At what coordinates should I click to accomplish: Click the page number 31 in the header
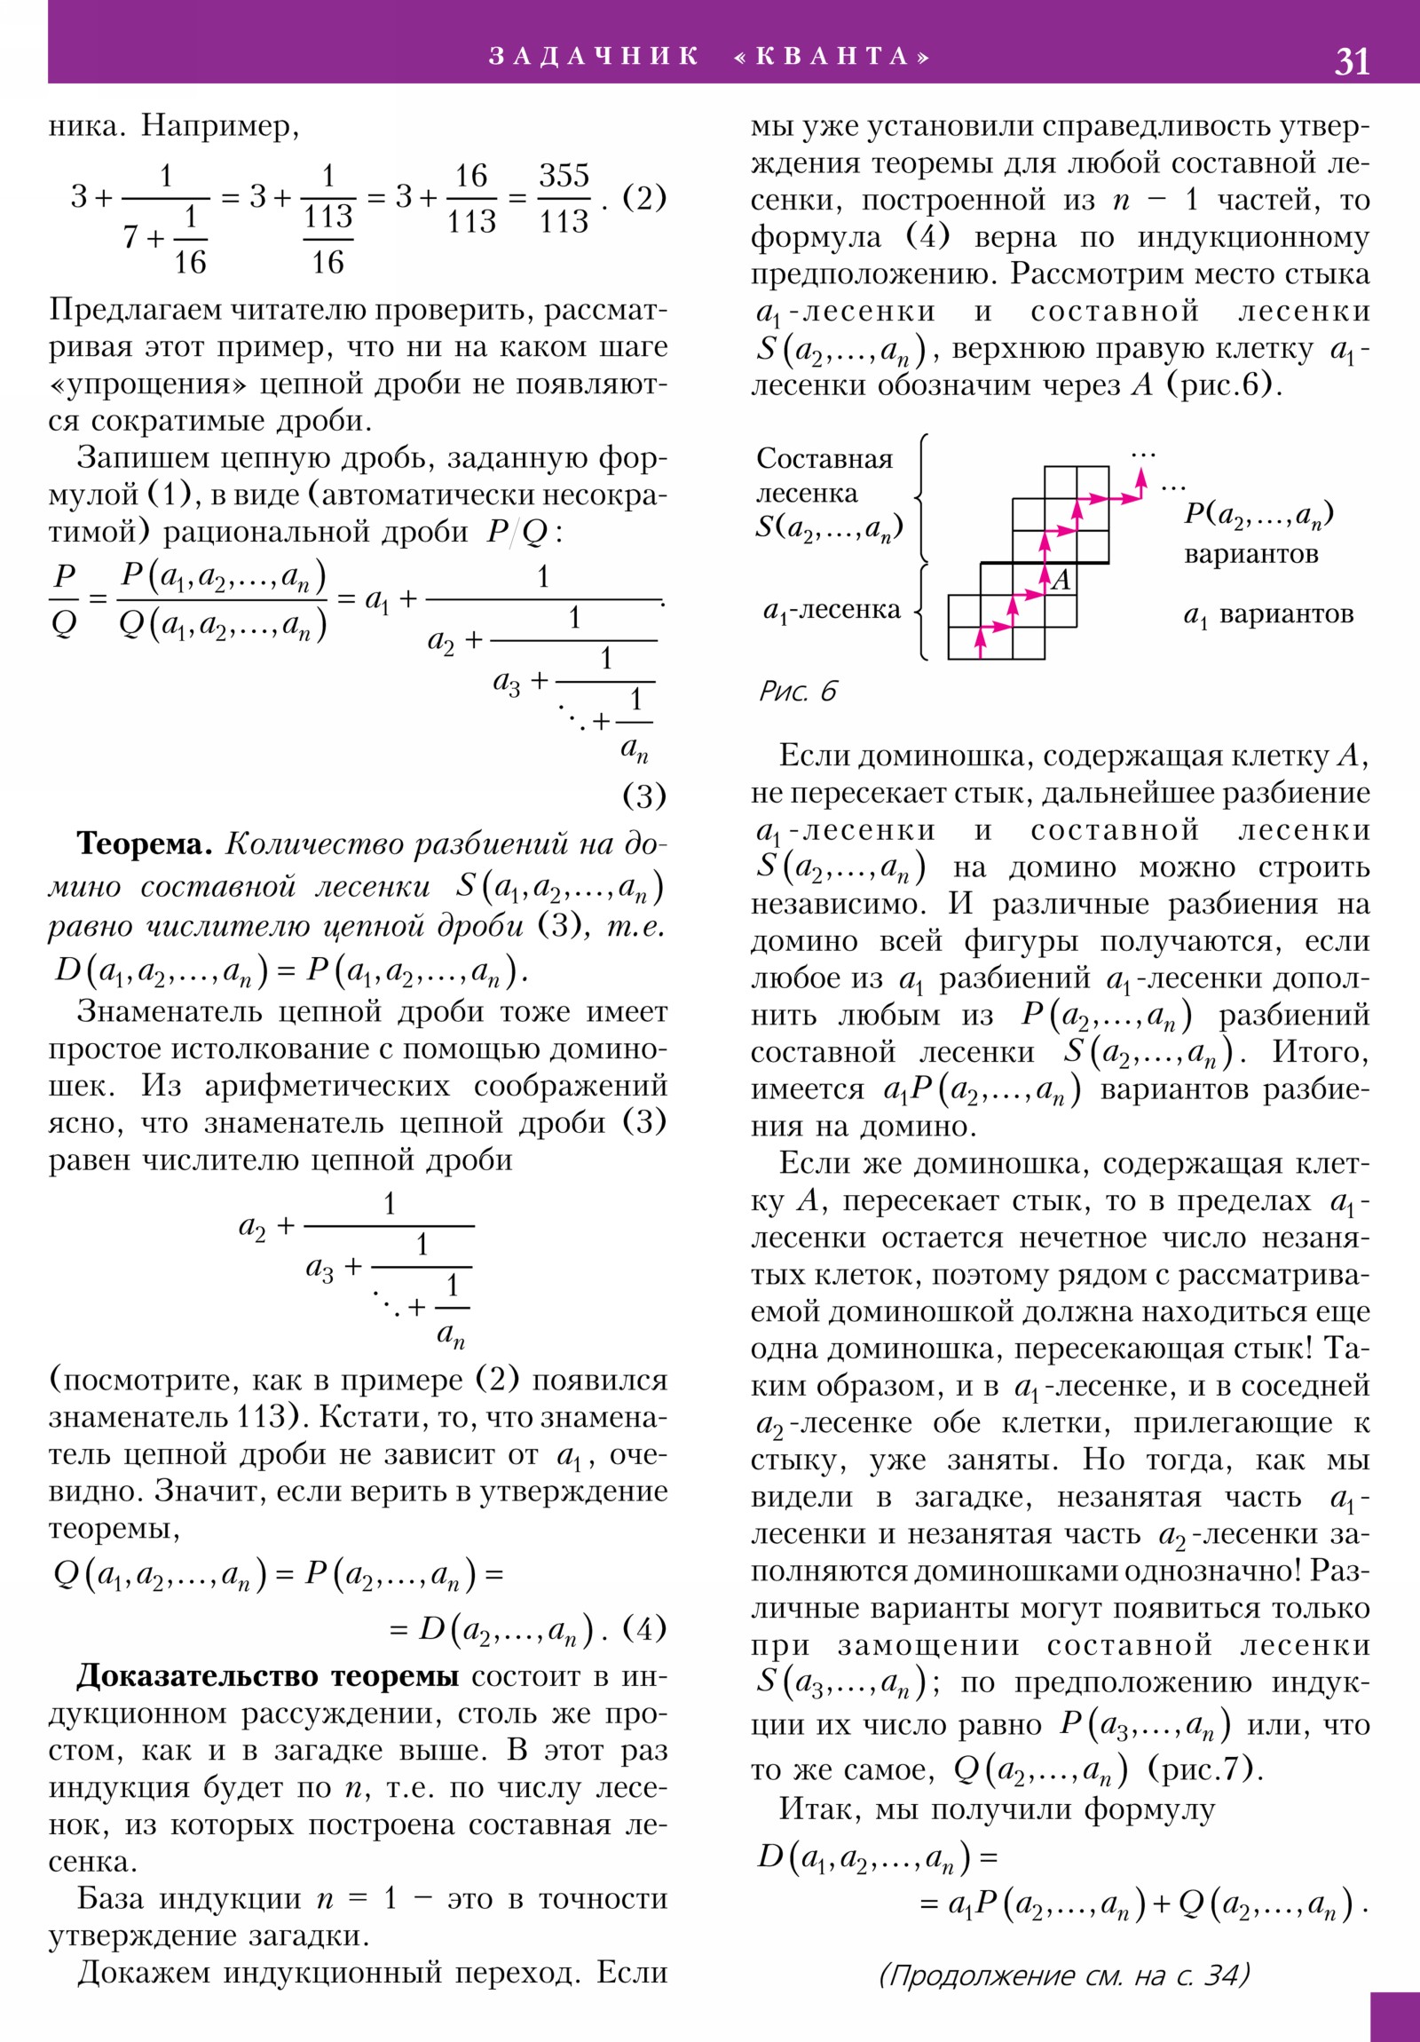tap(1352, 61)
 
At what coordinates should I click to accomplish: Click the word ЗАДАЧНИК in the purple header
tap(594, 56)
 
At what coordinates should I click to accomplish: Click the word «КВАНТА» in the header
tap(832, 56)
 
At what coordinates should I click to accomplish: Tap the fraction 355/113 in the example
tap(564, 197)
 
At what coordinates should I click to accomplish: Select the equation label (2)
tap(643, 196)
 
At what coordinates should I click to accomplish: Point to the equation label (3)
tap(643, 795)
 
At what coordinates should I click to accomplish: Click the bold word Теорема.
tap(144, 843)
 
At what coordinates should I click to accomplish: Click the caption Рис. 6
tap(798, 691)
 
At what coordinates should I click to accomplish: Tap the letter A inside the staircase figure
tap(1061, 580)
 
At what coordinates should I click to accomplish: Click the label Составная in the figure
tap(824, 459)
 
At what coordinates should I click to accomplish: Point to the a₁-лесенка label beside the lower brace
tap(832, 610)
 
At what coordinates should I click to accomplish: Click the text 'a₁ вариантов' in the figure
tap(1268, 614)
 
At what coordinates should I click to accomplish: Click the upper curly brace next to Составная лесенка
tap(923, 498)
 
